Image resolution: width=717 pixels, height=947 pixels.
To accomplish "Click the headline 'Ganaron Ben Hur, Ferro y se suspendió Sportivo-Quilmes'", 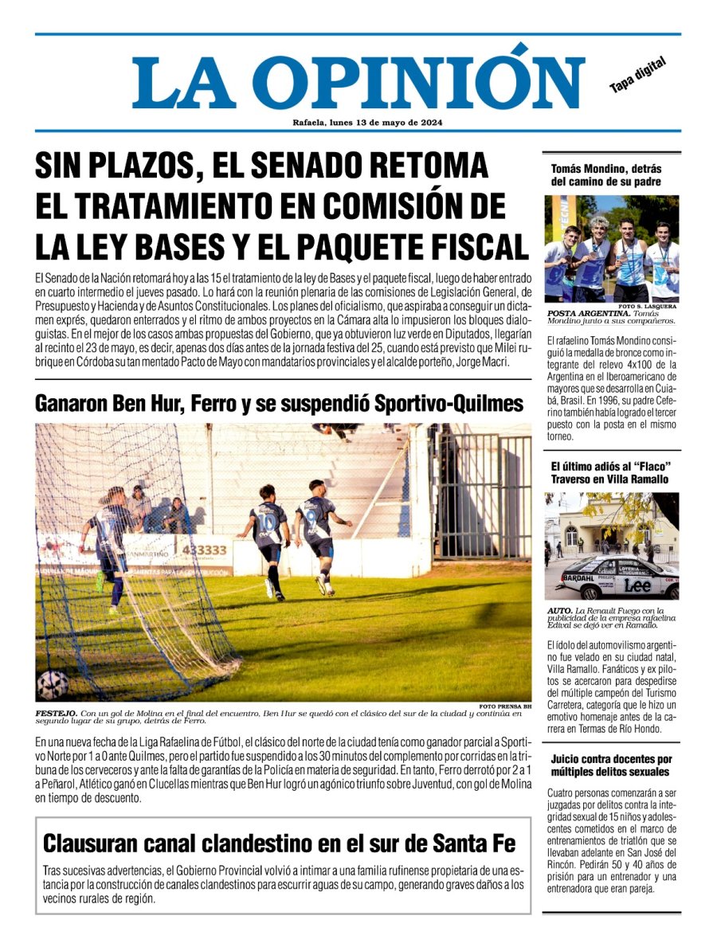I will [279, 404].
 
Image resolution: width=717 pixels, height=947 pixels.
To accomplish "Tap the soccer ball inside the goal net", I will [53, 684].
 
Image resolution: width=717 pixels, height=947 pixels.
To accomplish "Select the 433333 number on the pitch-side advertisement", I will [204, 550].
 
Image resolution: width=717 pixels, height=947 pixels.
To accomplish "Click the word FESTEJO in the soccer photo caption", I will [56, 714].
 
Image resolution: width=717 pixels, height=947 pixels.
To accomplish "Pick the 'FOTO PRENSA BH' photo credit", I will [505, 706].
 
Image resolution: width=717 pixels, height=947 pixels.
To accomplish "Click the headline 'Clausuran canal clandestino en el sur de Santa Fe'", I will [279, 843].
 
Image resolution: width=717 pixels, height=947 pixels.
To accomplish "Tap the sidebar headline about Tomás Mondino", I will [606, 175].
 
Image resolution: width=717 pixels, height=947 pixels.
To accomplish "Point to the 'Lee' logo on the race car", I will [637, 585].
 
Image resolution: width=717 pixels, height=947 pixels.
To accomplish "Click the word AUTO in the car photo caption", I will [560, 611].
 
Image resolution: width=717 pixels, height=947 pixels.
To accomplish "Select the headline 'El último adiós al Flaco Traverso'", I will [609, 472].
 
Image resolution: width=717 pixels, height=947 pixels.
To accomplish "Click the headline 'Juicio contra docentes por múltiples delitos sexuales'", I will [611, 765].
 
